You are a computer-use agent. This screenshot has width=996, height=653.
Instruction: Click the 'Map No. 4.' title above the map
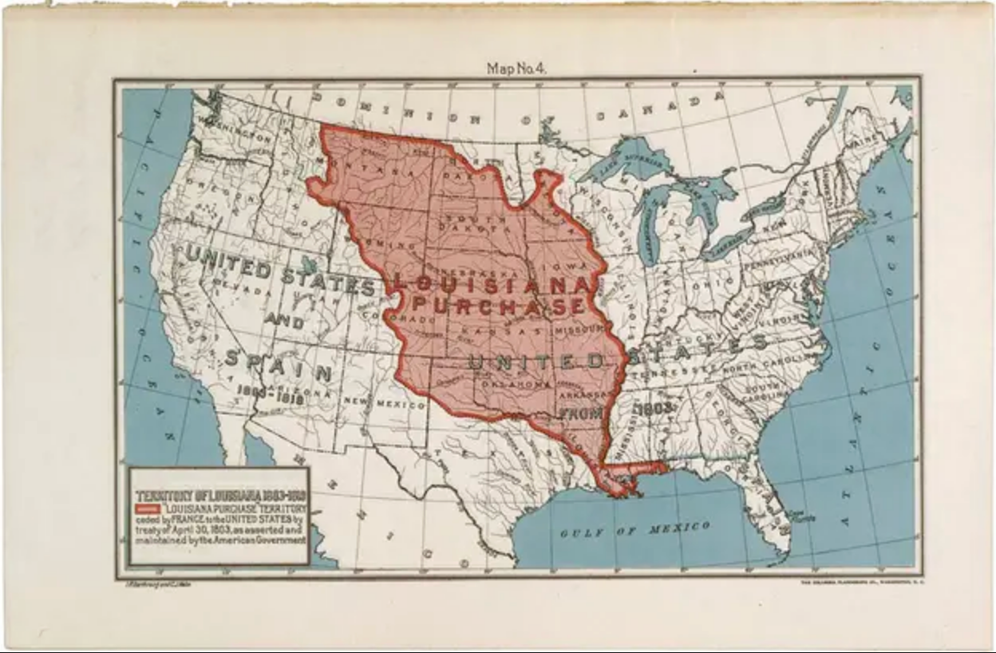click(x=516, y=69)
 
